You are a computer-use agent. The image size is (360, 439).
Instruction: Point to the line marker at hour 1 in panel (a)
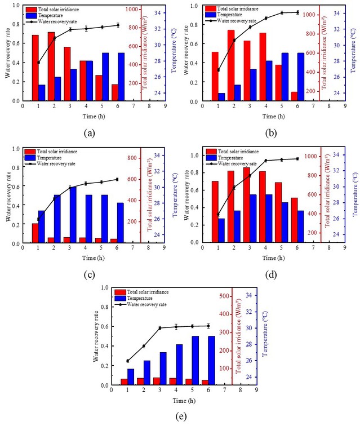pos(38,63)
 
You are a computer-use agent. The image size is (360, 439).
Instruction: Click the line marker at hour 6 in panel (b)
pos(297,12)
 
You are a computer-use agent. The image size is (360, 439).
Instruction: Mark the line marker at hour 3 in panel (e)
pos(160,328)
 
